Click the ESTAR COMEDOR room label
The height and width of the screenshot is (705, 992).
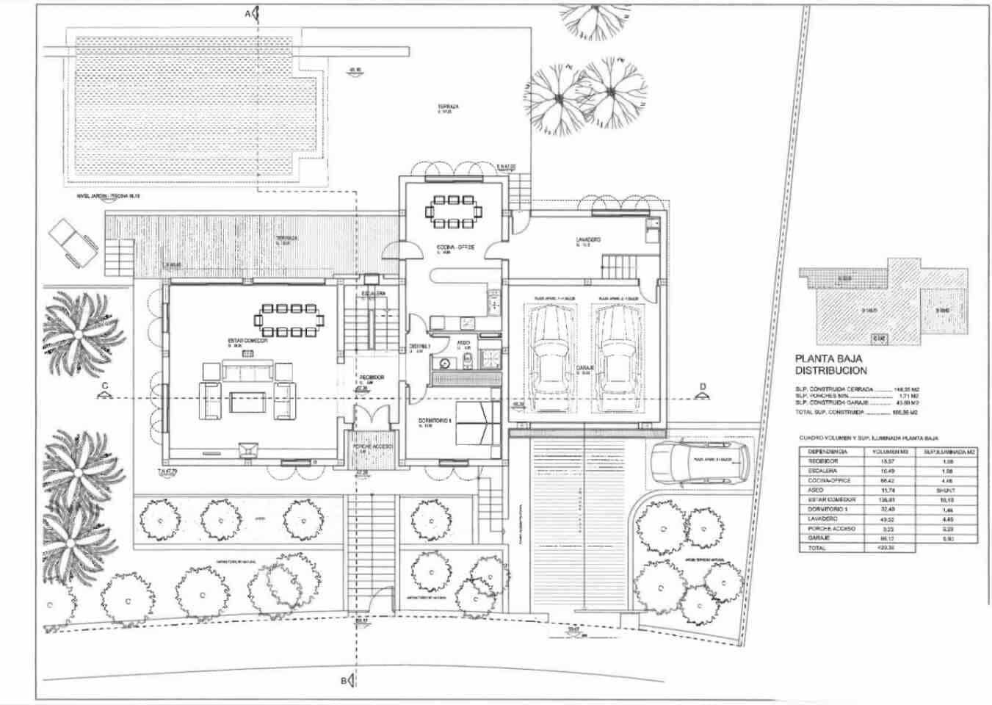pos(247,341)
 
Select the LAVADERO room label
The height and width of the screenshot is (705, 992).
pos(588,240)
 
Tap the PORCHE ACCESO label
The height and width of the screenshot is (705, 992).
pos(373,446)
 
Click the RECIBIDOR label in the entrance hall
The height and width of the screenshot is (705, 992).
pos(372,377)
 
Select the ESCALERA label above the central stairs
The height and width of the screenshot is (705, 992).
pos(373,294)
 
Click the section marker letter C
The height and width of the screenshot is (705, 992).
pos(105,386)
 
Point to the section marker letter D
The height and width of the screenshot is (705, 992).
pos(703,386)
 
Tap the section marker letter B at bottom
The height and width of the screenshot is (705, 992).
pos(343,681)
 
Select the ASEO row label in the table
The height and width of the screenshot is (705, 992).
pos(816,489)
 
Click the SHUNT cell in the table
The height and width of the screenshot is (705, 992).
pos(946,489)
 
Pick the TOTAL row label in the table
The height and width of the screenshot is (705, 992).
pos(817,548)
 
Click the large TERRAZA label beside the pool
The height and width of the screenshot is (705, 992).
pos(448,106)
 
